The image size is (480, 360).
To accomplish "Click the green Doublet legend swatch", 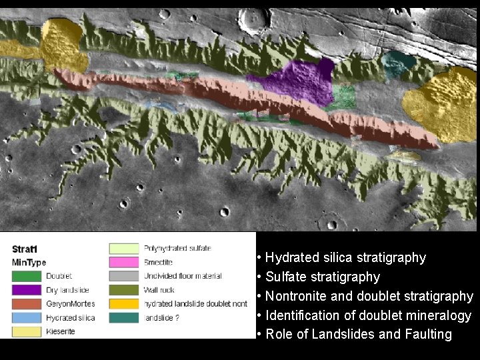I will [x=27, y=276].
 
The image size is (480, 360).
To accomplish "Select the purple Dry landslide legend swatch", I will [x=27, y=290].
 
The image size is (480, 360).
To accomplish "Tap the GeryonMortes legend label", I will [x=70, y=304].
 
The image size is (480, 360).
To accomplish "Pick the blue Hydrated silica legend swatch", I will [x=27, y=318].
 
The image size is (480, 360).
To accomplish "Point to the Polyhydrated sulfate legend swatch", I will [x=123, y=249].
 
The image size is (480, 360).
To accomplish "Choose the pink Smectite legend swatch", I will [x=123, y=262].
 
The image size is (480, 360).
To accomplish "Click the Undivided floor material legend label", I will [x=177, y=276].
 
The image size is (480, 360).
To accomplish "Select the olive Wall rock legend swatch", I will [x=123, y=290].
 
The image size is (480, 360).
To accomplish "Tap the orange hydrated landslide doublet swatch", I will [x=123, y=304].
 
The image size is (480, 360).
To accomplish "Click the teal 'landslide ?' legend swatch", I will [x=123, y=318].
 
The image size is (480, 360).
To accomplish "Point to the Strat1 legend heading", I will [x=25, y=249].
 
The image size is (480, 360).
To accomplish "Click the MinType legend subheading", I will [x=29, y=263].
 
